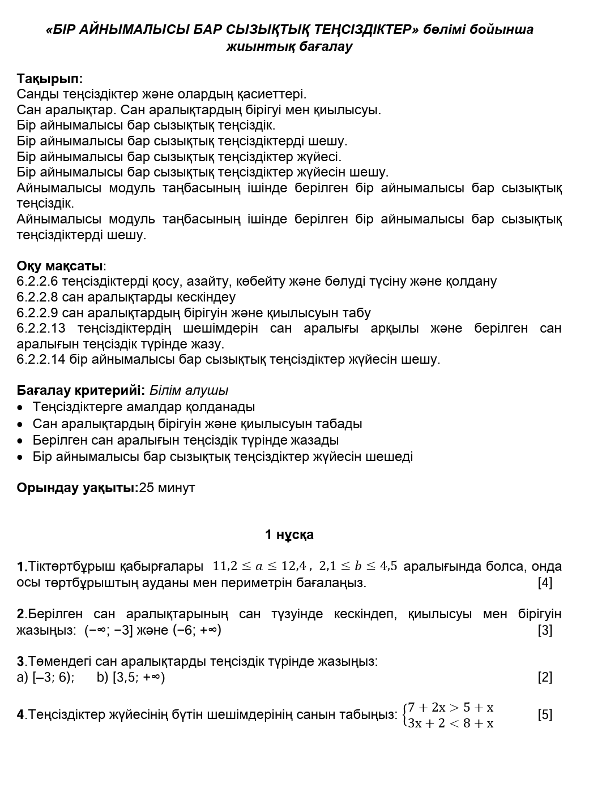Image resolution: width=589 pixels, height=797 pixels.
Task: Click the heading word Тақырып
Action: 49,79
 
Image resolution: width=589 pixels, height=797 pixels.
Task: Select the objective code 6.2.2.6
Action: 37,281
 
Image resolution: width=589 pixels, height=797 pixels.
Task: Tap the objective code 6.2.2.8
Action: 37,297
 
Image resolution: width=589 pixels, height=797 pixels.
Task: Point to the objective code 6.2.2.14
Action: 41,359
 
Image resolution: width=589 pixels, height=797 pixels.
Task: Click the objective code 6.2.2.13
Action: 41,328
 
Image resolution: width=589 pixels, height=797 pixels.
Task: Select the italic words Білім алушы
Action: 189,390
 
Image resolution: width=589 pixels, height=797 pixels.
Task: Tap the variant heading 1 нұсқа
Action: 289,535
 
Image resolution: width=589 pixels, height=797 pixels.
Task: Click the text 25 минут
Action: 167,488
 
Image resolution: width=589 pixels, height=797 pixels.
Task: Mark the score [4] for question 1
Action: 545,582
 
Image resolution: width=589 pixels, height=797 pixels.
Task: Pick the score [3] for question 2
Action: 545,630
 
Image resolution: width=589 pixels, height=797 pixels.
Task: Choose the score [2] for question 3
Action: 545,677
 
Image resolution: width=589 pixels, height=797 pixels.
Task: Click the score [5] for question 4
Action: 545,714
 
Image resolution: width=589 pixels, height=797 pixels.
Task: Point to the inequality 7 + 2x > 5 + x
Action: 450,707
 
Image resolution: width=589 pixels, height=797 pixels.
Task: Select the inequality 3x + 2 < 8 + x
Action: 450,723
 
